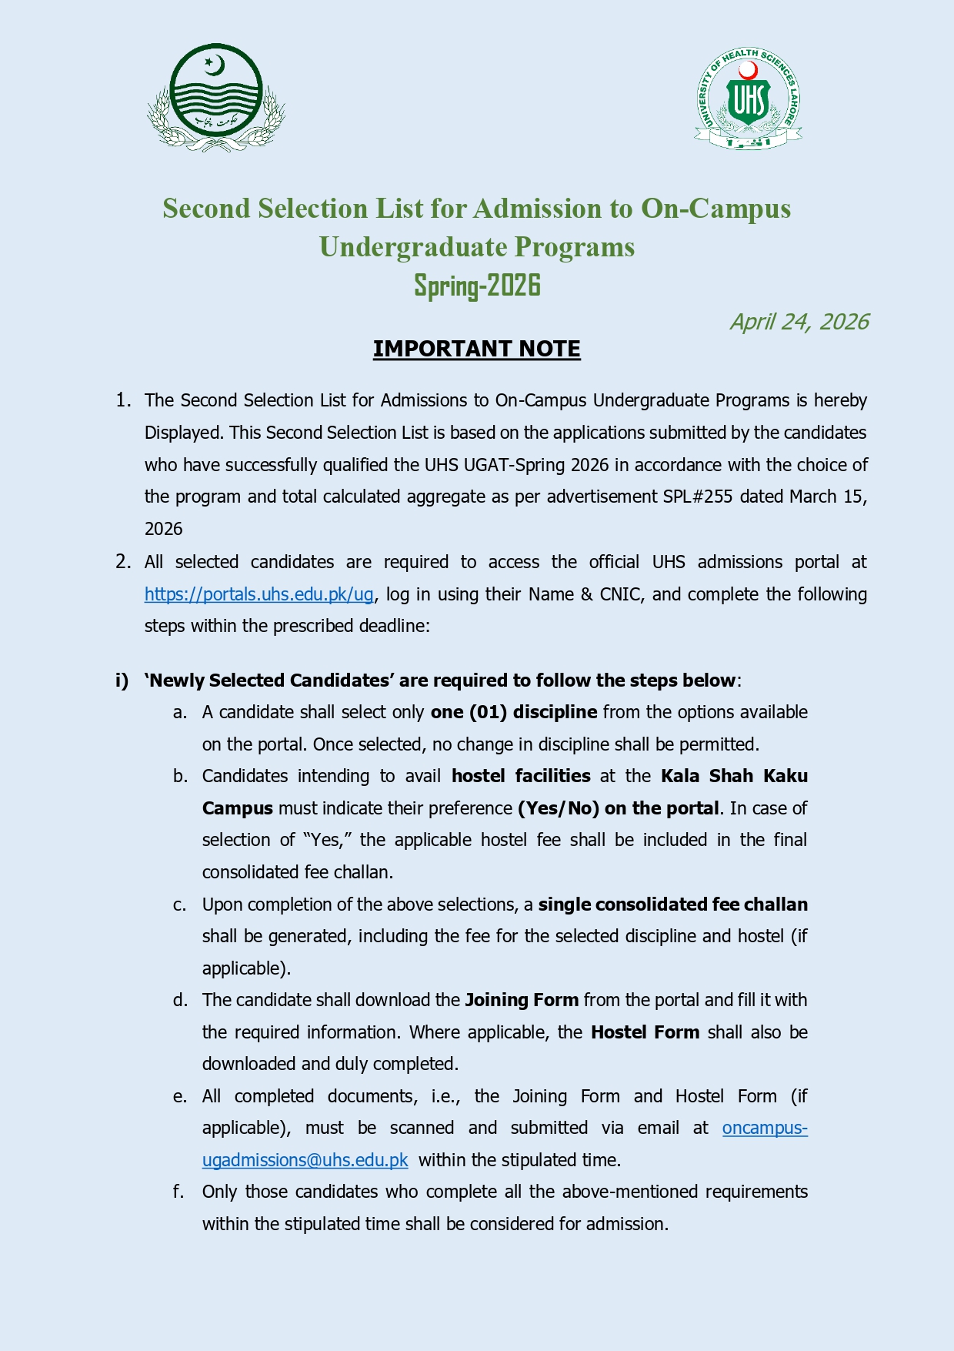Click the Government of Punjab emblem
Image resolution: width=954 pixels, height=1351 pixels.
click(x=216, y=96)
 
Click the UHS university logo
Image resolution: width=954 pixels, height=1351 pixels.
click(x=748, y=99)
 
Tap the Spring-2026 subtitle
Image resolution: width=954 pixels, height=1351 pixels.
click(x=477, y=286)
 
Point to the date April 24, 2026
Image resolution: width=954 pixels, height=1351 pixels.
click(x=799, y=322)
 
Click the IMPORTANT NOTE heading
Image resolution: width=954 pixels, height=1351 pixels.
click(x=476, y=349)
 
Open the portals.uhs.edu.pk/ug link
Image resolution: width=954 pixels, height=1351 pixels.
click(x=259, y=594)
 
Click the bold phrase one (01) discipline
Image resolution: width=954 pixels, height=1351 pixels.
click(x=513, y=712)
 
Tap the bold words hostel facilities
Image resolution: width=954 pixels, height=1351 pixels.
click(x=521, y=776)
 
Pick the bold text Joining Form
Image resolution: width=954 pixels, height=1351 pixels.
click(x=522, y=1000)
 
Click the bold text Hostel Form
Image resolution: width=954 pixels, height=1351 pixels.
click(x=645, y=1032)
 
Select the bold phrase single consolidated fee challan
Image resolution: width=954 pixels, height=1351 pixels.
click(x=672, y=905)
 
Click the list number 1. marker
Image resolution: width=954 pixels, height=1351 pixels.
click(x=123, y=400)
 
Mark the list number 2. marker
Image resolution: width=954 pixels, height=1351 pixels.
click(x=123, y=562)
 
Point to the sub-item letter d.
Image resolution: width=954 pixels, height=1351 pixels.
click(x=180, y=1000)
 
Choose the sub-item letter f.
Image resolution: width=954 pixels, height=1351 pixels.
click(x=178, y=1192)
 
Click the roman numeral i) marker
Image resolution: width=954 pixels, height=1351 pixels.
click(x=122, y=681)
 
